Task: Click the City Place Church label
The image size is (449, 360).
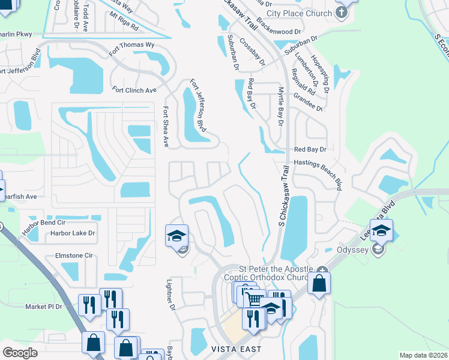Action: click(x=299, y=13)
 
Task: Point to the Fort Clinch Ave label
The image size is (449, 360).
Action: click(x=134, y=90)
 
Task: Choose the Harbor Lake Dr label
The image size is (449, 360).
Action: click(x=73, y=233)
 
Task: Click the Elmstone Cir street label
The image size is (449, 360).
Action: click(x=74, y=256)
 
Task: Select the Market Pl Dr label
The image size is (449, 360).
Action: click(x=43, y=307)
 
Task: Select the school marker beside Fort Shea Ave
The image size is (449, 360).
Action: click(x=177, y=236)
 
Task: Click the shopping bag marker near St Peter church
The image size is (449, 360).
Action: click(x=319, y=283)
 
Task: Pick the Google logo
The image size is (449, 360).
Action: click(x=20, y=352)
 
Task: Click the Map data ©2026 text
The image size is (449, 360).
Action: click(x=424, y=355)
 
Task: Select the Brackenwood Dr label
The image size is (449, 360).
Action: click(x=278, y=30)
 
